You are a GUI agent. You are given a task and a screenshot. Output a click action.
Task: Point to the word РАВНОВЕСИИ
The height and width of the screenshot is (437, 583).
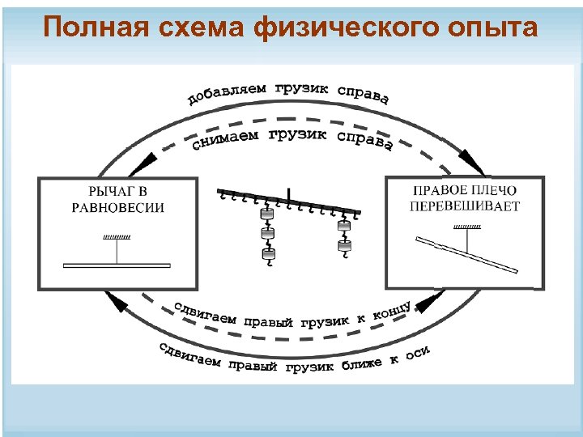click(x=117, y=207)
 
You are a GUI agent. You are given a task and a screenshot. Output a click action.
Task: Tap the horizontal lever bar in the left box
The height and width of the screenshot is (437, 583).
click(x=117, y=265)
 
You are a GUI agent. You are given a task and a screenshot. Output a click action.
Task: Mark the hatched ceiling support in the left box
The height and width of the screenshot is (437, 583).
click(x=117, y=237)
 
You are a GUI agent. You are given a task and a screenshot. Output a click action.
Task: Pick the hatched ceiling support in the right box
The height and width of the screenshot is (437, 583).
click(x=466, y=229)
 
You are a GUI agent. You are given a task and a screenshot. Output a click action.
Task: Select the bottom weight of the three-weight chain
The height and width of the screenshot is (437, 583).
click(x=268, y=256)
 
